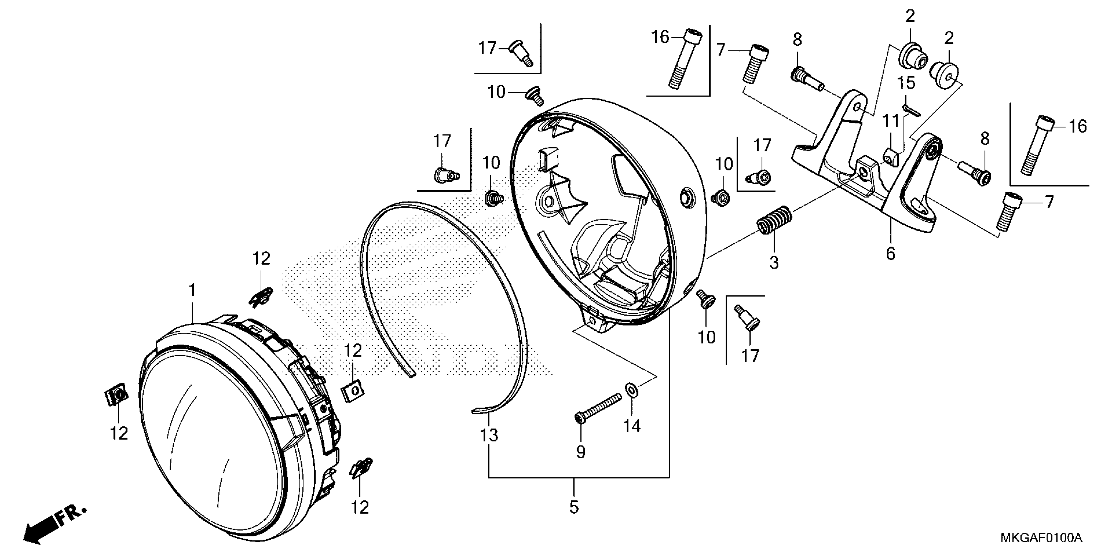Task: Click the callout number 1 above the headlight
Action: [193, 290]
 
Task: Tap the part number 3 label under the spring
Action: [774, 262]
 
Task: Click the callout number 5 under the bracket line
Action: [574, 507]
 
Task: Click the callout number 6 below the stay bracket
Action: [891, 253]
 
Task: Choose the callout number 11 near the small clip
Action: [890, 122]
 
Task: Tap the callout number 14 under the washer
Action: [632, 426]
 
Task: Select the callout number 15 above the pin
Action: [907, 83]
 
